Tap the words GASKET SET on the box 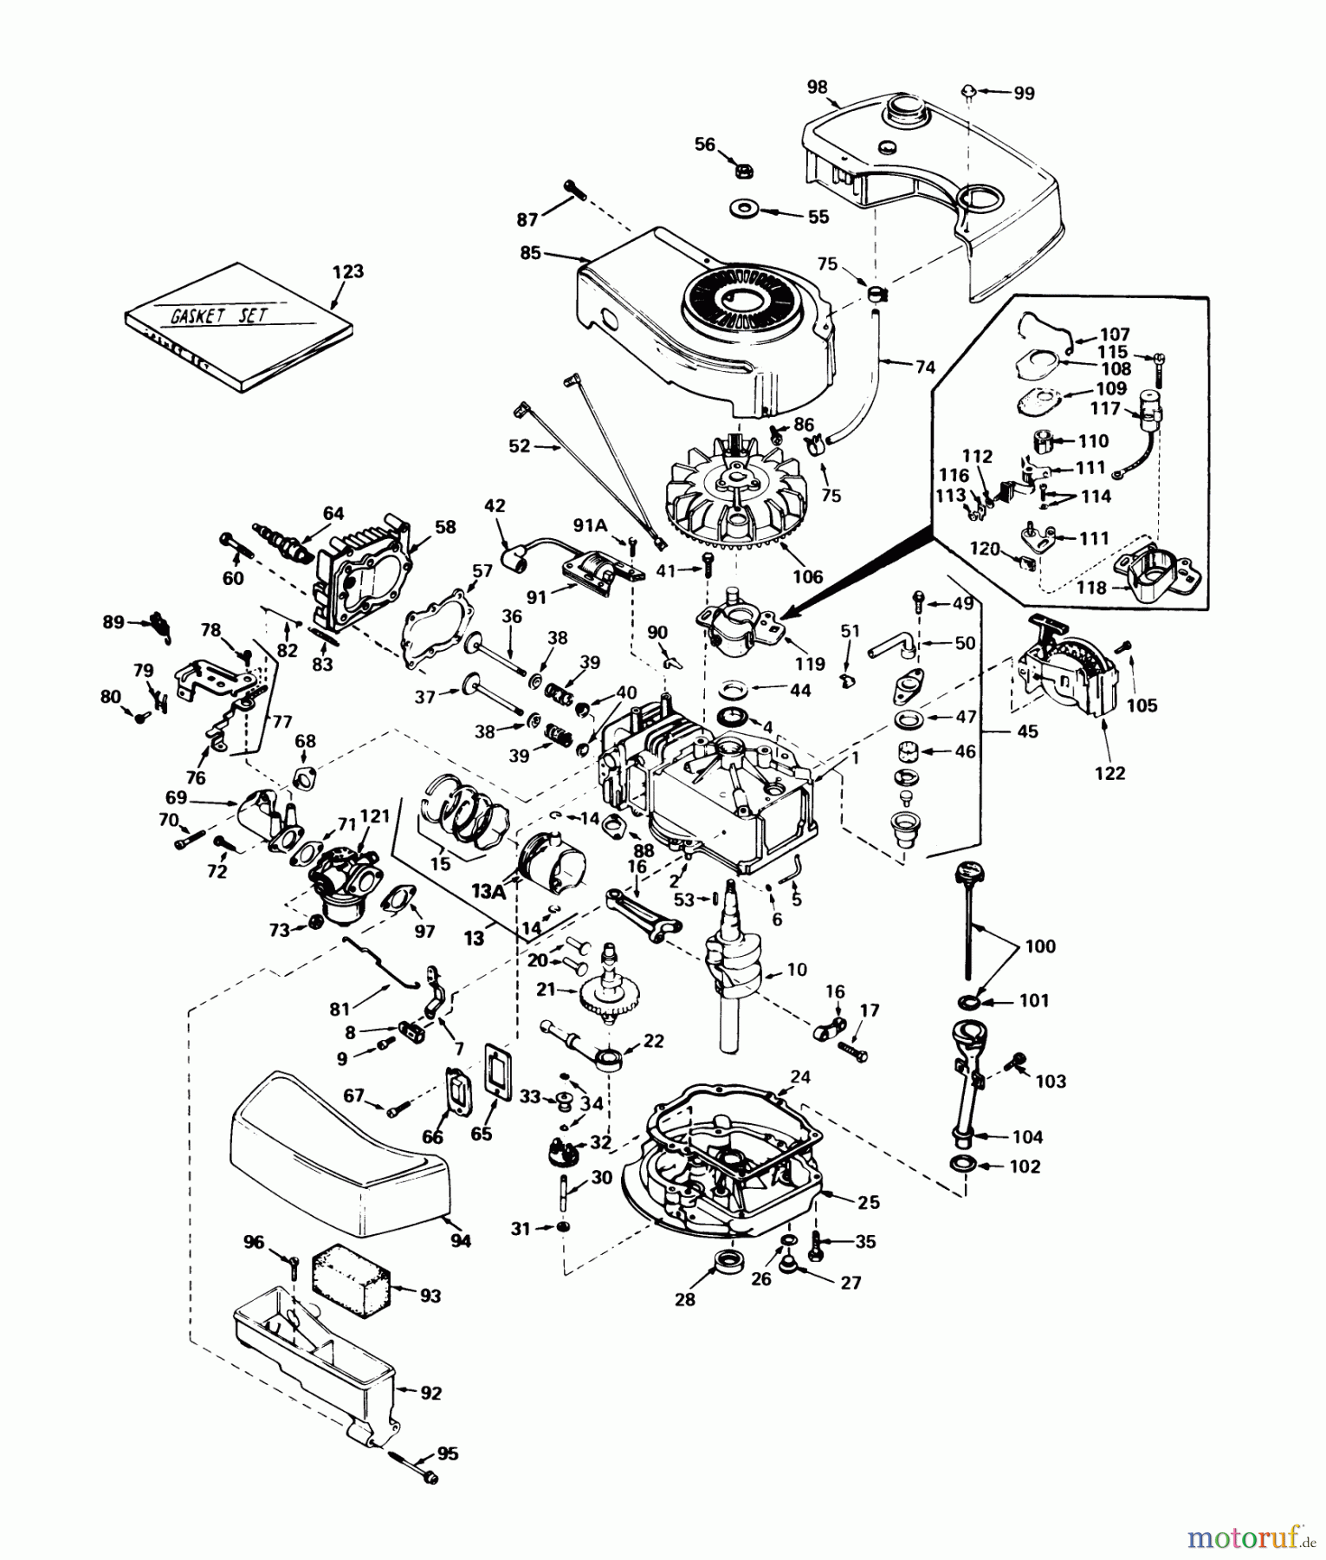pos(219,315)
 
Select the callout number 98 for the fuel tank pos(817,87)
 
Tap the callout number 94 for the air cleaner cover pos(461,1241)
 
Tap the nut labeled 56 pos(743,171)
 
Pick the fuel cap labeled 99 pos(970,90)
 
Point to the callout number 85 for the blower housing pos(530,253)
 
